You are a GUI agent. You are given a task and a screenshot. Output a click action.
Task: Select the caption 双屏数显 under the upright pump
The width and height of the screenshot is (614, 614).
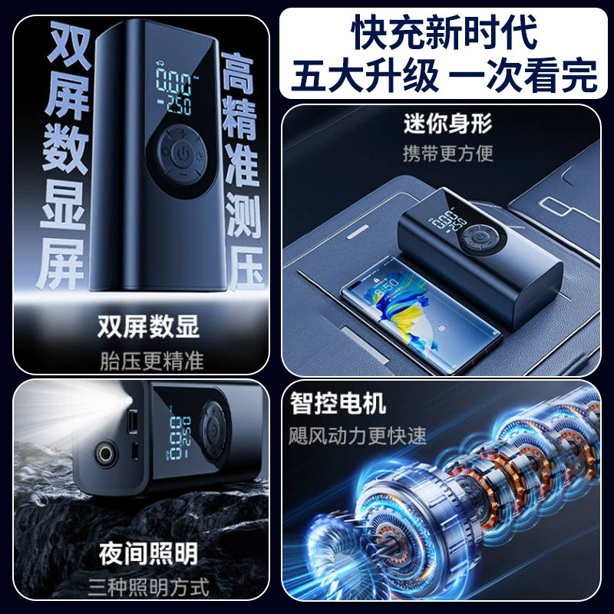148,326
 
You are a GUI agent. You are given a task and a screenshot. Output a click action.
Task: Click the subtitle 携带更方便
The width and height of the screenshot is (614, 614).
447,152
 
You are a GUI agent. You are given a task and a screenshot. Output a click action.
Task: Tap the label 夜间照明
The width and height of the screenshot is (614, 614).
148,553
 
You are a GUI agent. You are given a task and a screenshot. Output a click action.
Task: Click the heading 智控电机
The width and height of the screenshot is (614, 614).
338,402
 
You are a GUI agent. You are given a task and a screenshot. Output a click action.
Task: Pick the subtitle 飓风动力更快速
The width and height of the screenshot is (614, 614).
358,435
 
